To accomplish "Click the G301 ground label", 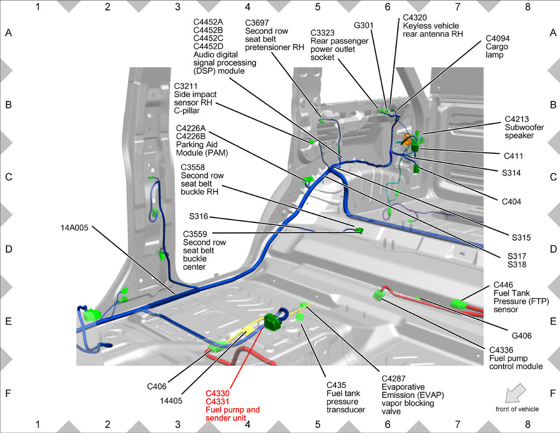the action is (364, 25).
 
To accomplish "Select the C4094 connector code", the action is (497, 38).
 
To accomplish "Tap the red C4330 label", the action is (217, 393).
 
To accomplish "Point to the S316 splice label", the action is (198, 216).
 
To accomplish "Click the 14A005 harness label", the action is (74, 227).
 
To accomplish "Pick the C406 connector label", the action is (157, 386).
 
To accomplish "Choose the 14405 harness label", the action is (171, 401).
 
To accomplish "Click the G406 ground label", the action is (522, 335).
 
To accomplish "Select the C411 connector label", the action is (513, 156).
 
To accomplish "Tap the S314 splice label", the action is (511, 173).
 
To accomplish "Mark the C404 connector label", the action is (511, 201).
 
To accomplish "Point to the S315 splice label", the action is (521, 237).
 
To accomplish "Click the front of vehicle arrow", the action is (515, 393).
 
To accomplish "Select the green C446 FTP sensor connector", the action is (458, 304).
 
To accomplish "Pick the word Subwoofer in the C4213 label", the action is (524, 127).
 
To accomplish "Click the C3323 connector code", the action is (322, 33).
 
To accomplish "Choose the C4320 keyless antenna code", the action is (415, 17).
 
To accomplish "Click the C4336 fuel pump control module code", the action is (501, 350).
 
